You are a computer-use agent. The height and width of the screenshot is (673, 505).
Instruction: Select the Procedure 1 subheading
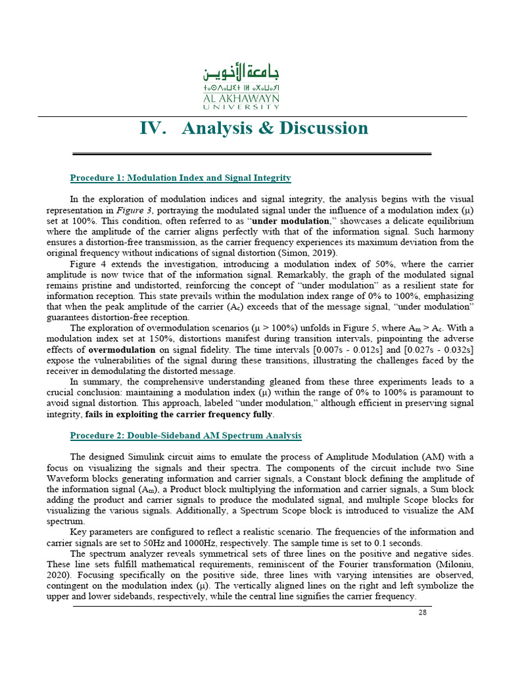click(x=180, y=178)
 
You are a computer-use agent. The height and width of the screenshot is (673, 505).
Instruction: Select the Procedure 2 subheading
click(x=185, y=436)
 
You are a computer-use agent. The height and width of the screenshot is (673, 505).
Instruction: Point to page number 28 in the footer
click(x=423, y=613)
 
